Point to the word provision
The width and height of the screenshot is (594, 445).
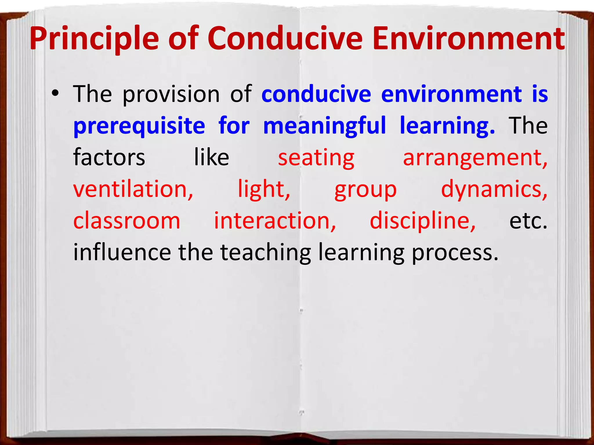click(x=171, y=94)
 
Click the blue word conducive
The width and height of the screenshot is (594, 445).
click(x=316, y=94)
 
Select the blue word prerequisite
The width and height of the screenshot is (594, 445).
click(x=139, y=126)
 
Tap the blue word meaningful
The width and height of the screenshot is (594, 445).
click(x=325, y=126)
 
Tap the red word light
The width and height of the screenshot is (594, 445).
click(x=264, y=190)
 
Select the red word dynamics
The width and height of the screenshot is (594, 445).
click(x=494, y=190)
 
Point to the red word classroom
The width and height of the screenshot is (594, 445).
click(x=127, y=221)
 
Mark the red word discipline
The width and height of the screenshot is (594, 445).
click(x=423, y=221)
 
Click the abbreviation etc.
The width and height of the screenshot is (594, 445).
click(x=528, y=221)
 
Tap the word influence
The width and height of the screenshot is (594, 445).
click(x=122, y=252)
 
